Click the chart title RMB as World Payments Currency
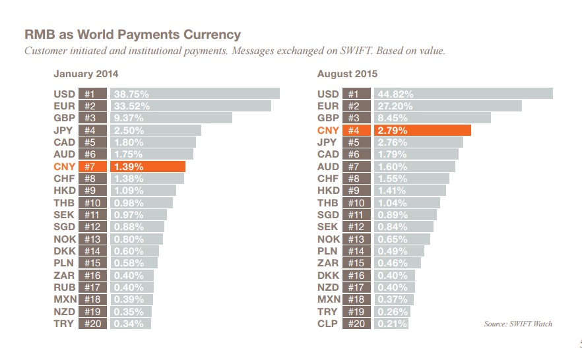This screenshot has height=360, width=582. click(x=132, y=34)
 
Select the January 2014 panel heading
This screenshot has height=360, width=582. click(x=86, y=74)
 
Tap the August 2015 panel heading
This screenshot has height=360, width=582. click(x=347, y=74)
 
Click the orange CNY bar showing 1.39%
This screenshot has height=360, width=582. click(x=148, y=167)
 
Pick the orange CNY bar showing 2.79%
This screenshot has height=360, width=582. click(x=422, y=131)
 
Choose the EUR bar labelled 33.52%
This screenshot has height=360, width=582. click(x=190, y=106)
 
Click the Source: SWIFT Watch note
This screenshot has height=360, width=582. click(x=518, y=324)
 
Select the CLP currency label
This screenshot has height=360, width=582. click(x=328, y=324)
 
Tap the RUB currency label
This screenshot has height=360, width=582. click(x=64, y=287)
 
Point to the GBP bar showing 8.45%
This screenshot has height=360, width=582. click(x=432, y=118)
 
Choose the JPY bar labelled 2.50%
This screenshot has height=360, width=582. click(x=155, y=131)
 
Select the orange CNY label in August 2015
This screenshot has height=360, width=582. click(x=328, y=131)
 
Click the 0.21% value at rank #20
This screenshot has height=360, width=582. click(x=391, y=324)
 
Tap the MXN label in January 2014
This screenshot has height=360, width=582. click(x=64, y=299)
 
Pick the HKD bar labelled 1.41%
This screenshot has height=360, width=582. click(x=410, y=191)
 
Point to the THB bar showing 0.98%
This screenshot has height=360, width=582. click(x=141, y=203)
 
